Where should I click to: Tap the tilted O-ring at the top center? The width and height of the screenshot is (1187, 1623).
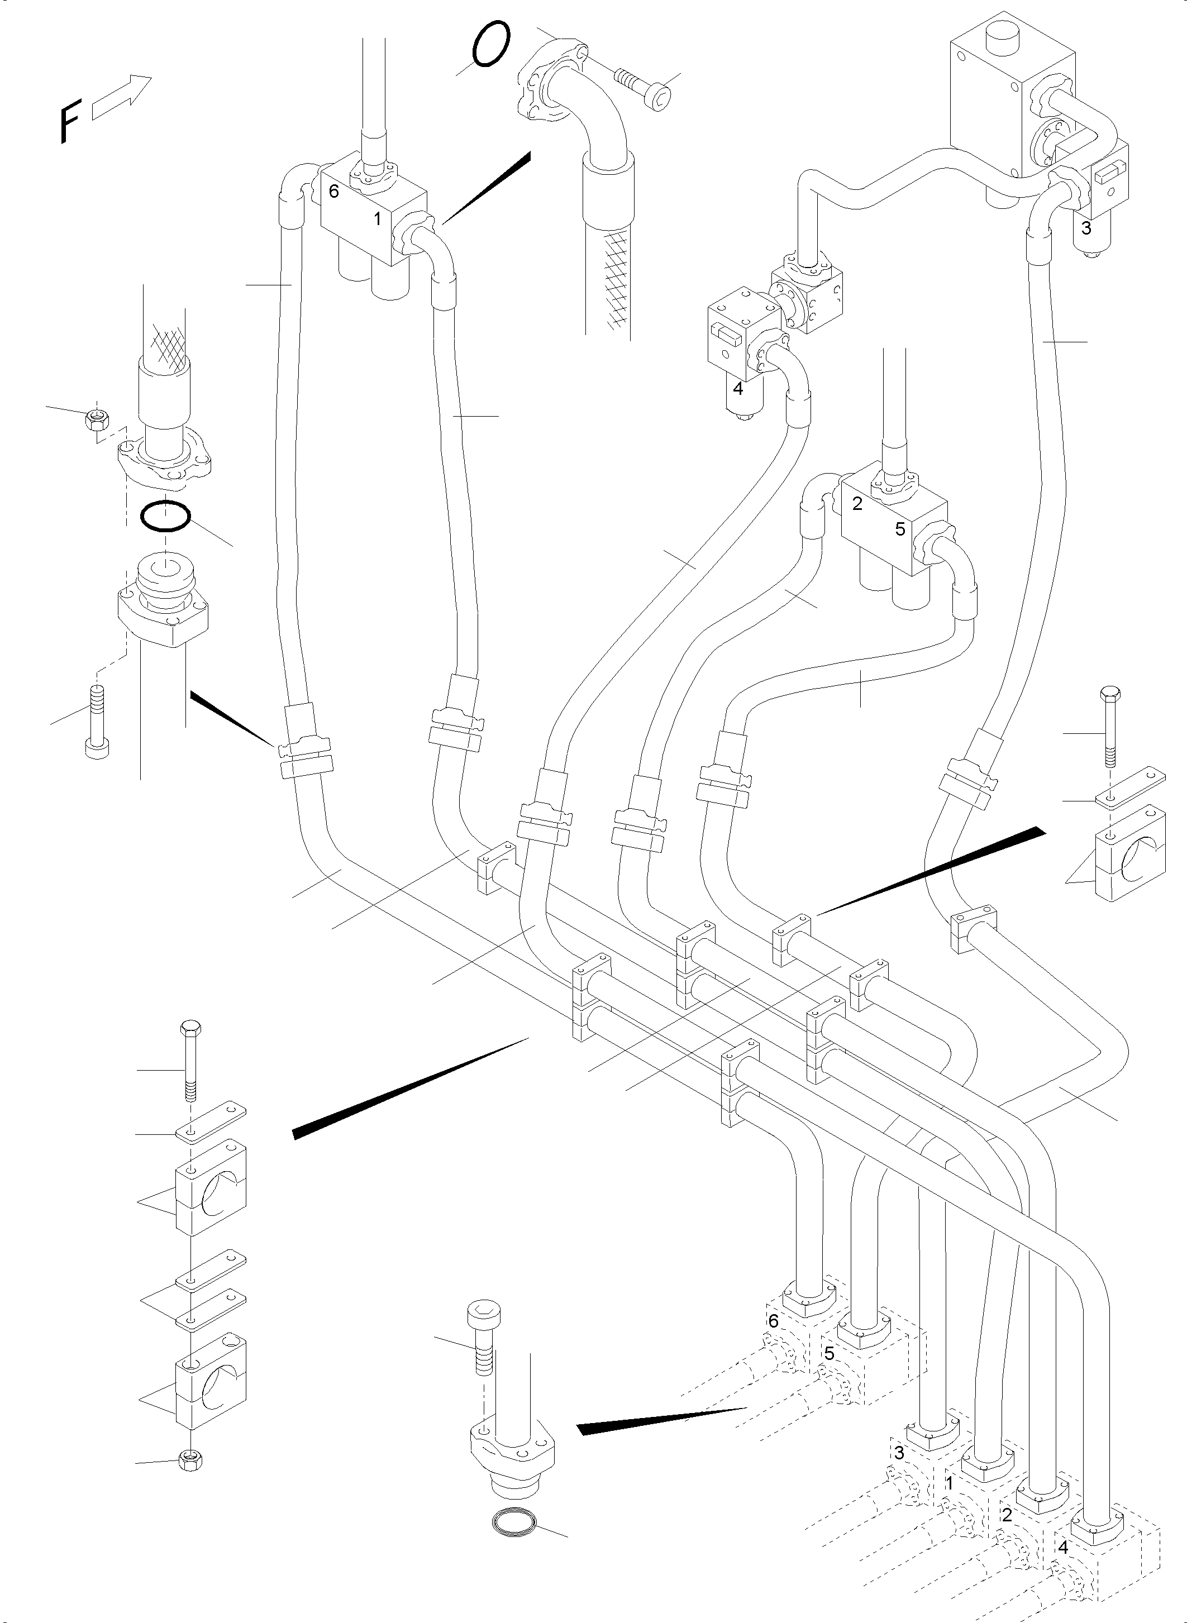[492, 45]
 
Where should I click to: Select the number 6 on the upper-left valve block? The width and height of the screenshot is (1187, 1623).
[333, 192]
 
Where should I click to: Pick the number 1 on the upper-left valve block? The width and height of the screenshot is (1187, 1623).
[377, 219]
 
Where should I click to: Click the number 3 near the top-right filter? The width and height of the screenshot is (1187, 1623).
[1086, 228]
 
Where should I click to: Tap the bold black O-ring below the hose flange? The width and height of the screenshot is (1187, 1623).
[165, 516]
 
